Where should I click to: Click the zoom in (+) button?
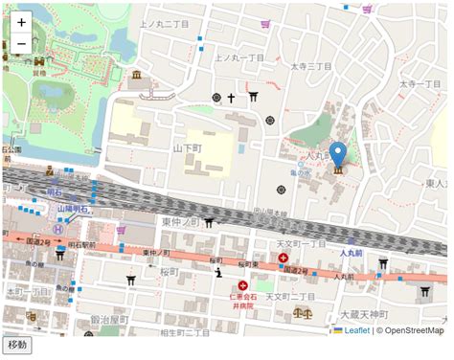click(21, 22)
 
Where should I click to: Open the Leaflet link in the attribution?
click(356, 330)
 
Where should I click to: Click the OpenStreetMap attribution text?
click(410, 330)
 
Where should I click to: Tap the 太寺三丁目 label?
click(311, 67)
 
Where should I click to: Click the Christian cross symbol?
click(231, 98)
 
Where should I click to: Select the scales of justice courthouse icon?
click(306, 311)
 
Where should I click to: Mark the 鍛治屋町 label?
click(109, 318)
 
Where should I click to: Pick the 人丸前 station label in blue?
click(353, 254)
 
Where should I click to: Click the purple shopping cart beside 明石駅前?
click(121, 230)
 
